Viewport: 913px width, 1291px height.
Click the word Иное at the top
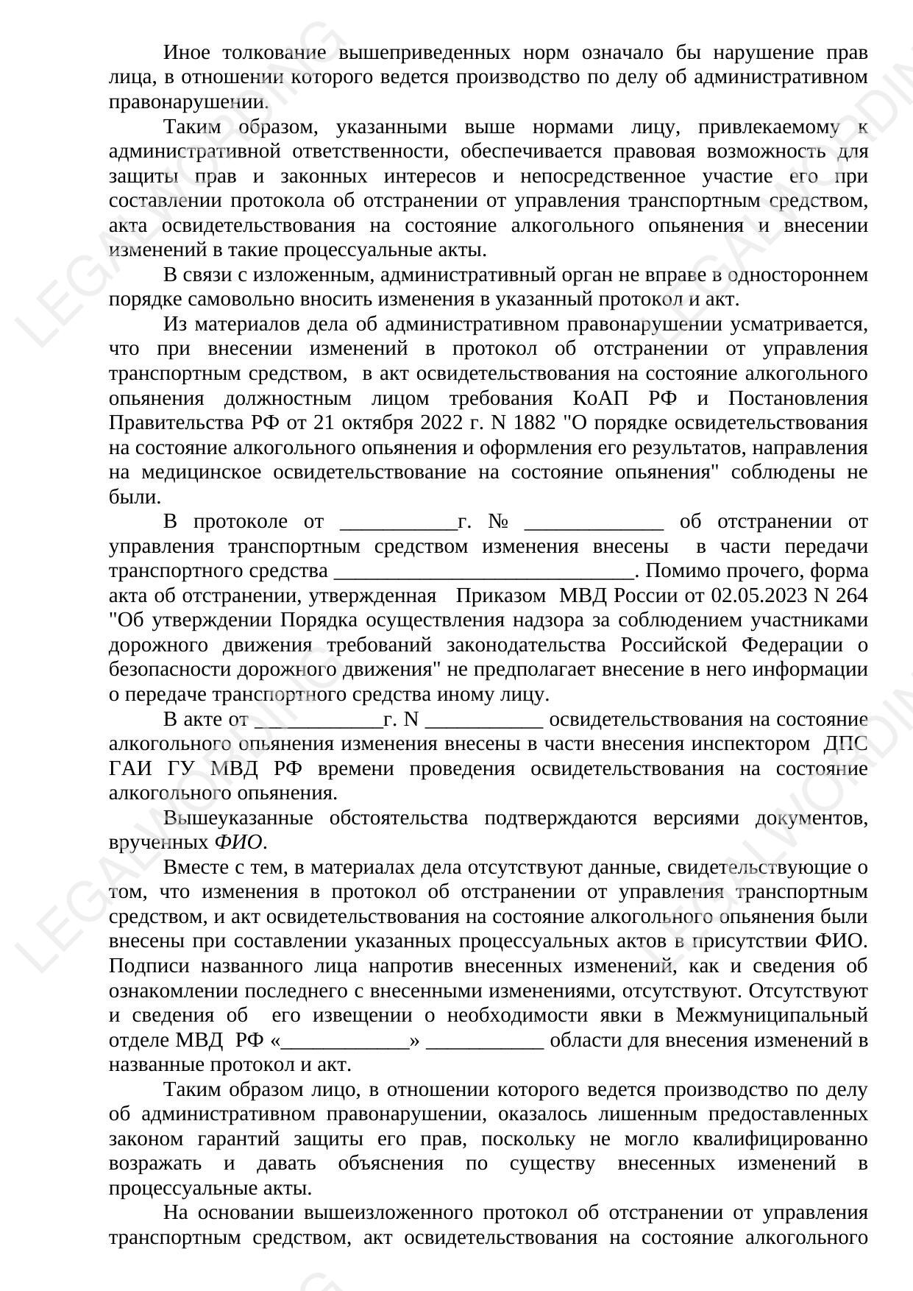[186, 53]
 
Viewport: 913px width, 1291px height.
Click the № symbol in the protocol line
[498, 522]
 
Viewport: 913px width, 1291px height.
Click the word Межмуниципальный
[772, 1016]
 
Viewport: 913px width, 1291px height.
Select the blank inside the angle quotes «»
[345, 1041]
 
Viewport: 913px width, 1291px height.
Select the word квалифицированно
[779, 1139]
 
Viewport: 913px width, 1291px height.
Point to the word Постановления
[797, 399]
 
